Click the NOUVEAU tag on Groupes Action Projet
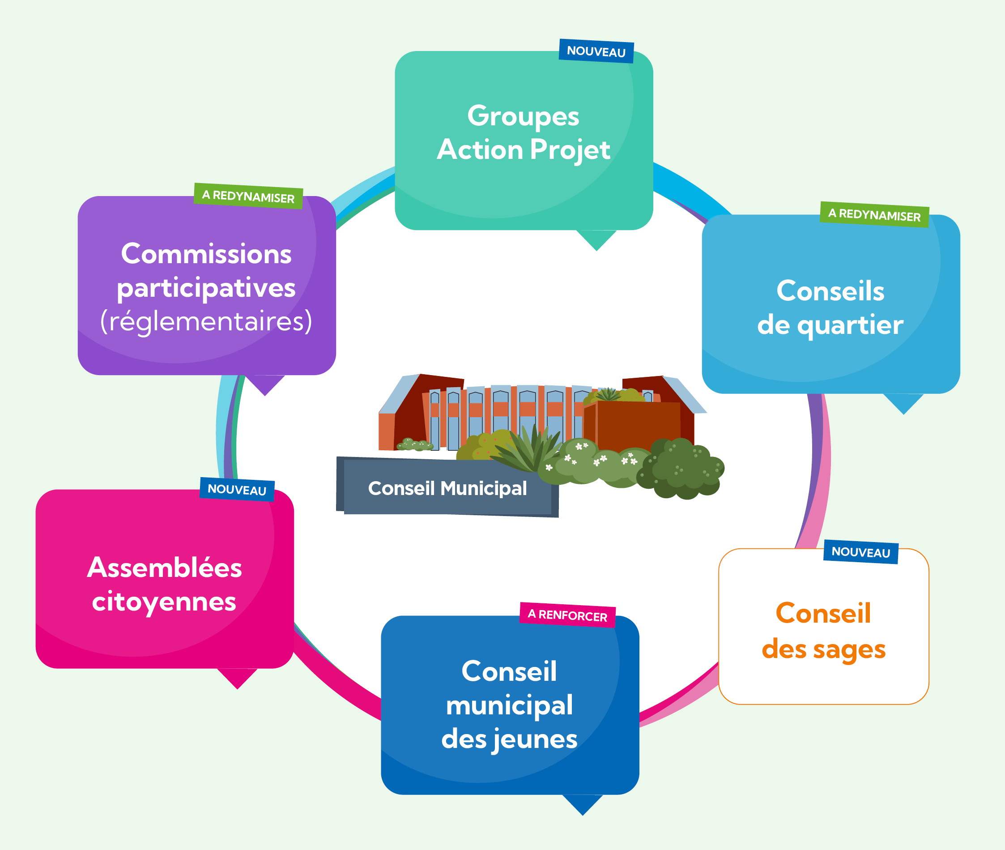click(596, 51)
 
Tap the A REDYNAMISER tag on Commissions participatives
click(248, 196)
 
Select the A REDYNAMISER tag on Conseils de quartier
click(874, 214)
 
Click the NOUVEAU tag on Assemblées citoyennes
click(237, 490)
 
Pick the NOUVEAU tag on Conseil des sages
click(861, 552)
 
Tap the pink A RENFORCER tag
click(567, 615)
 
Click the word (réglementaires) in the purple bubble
click(206, 321)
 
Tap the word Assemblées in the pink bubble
click(165, 568)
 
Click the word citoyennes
click(164, 602)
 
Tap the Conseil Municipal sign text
click(447, 489)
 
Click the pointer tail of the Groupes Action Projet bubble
click(596, 239)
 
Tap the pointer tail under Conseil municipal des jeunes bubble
click(583, 803)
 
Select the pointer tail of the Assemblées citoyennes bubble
click(237, 677)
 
